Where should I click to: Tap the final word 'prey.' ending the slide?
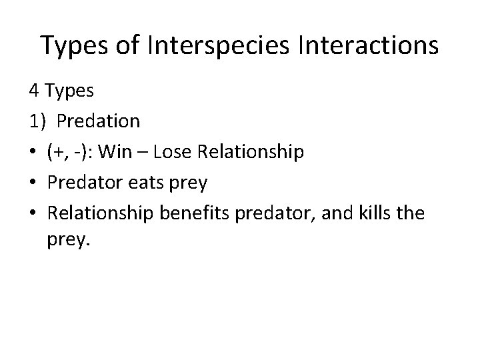67,240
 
